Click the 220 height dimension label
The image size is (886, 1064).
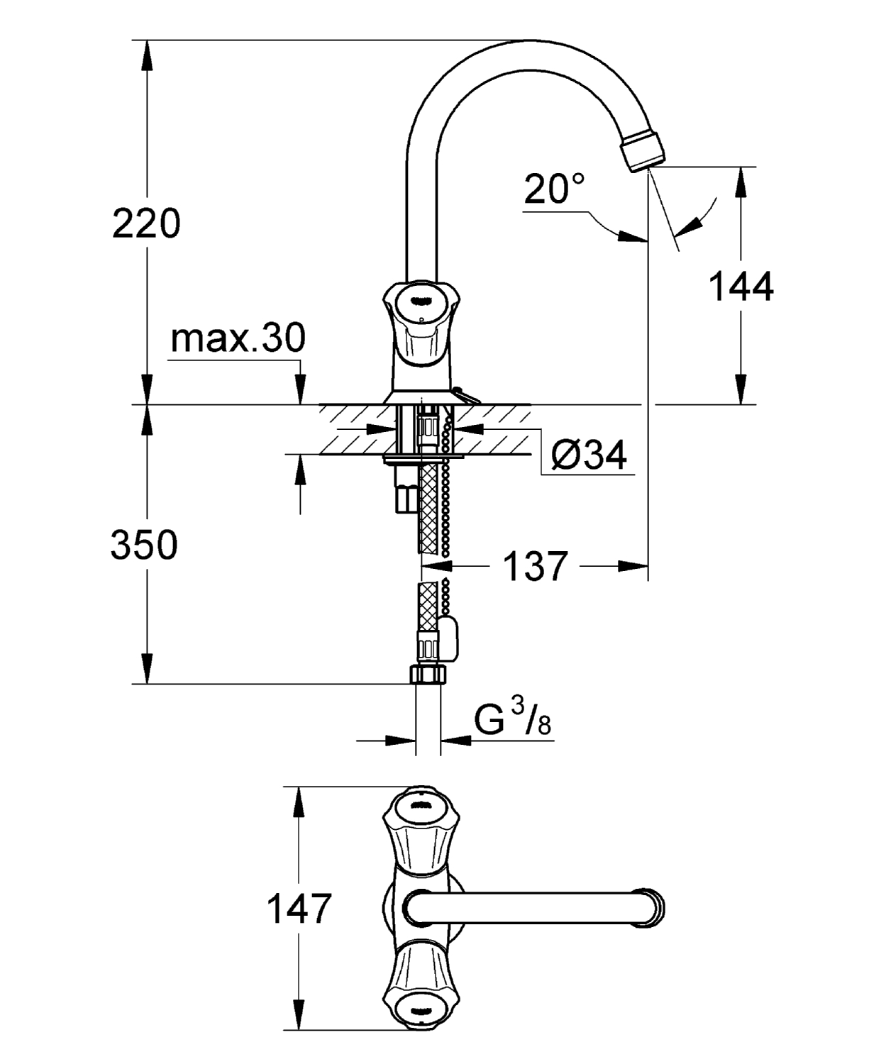146,224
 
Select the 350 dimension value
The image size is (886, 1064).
144,545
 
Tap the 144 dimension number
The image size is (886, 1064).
741,287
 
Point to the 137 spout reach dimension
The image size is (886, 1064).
536,567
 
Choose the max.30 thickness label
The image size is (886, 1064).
238,338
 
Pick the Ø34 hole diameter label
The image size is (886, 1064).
589,455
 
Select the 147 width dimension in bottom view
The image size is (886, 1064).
299,909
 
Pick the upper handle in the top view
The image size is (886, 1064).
416,823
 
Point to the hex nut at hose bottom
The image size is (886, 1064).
428,674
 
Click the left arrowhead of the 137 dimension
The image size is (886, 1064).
434,566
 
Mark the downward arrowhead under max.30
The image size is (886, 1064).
301,392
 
